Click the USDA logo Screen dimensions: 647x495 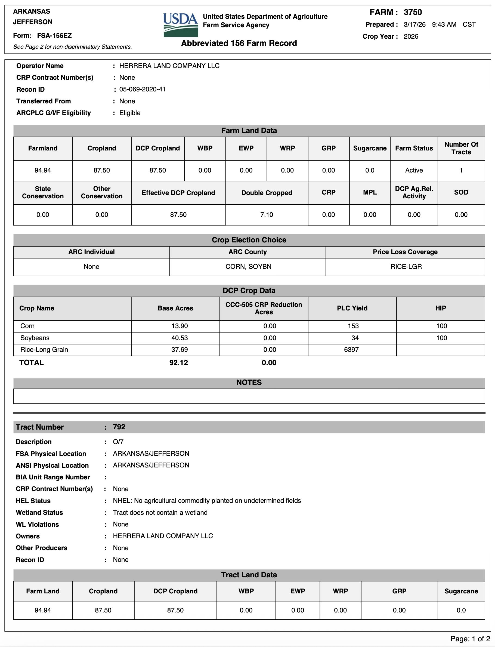click(180, 25)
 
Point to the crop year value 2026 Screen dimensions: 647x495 click(411, 36)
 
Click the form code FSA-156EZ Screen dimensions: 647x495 click(54, 36)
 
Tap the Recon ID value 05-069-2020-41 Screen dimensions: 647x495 click(142, 89)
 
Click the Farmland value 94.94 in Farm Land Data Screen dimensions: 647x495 click(43, 170)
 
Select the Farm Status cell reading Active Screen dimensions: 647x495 click(414, 170)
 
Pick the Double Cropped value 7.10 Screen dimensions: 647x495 click(267, 215)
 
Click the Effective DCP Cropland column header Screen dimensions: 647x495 click(178, 193)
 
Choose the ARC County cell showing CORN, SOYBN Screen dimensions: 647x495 click(248, 266)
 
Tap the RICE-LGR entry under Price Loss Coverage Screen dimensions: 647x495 click(406, 266)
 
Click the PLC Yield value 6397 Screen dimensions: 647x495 click(351, 350)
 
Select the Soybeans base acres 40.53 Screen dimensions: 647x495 click(180, 338)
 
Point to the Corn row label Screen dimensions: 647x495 click(27, 326)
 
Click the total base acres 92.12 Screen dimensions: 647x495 click(178, 363)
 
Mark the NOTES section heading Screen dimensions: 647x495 click(249, 382)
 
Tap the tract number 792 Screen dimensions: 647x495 click(119, 427)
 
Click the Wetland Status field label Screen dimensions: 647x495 click(39, 512)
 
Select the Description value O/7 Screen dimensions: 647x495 click(118, 442)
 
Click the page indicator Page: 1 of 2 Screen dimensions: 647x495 click(470, 639)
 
